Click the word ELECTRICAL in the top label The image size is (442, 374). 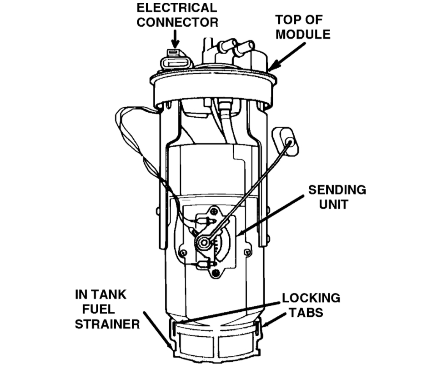tap(177, 8)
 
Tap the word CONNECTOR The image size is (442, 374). tap(177, 22)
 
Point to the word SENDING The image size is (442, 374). tap(337, 190)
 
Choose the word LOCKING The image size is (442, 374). tap(311, 299)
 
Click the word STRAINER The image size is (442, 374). tap(107, 324)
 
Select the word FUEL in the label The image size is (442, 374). tap(98, 309)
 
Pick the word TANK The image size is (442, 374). tap(108, 295)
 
